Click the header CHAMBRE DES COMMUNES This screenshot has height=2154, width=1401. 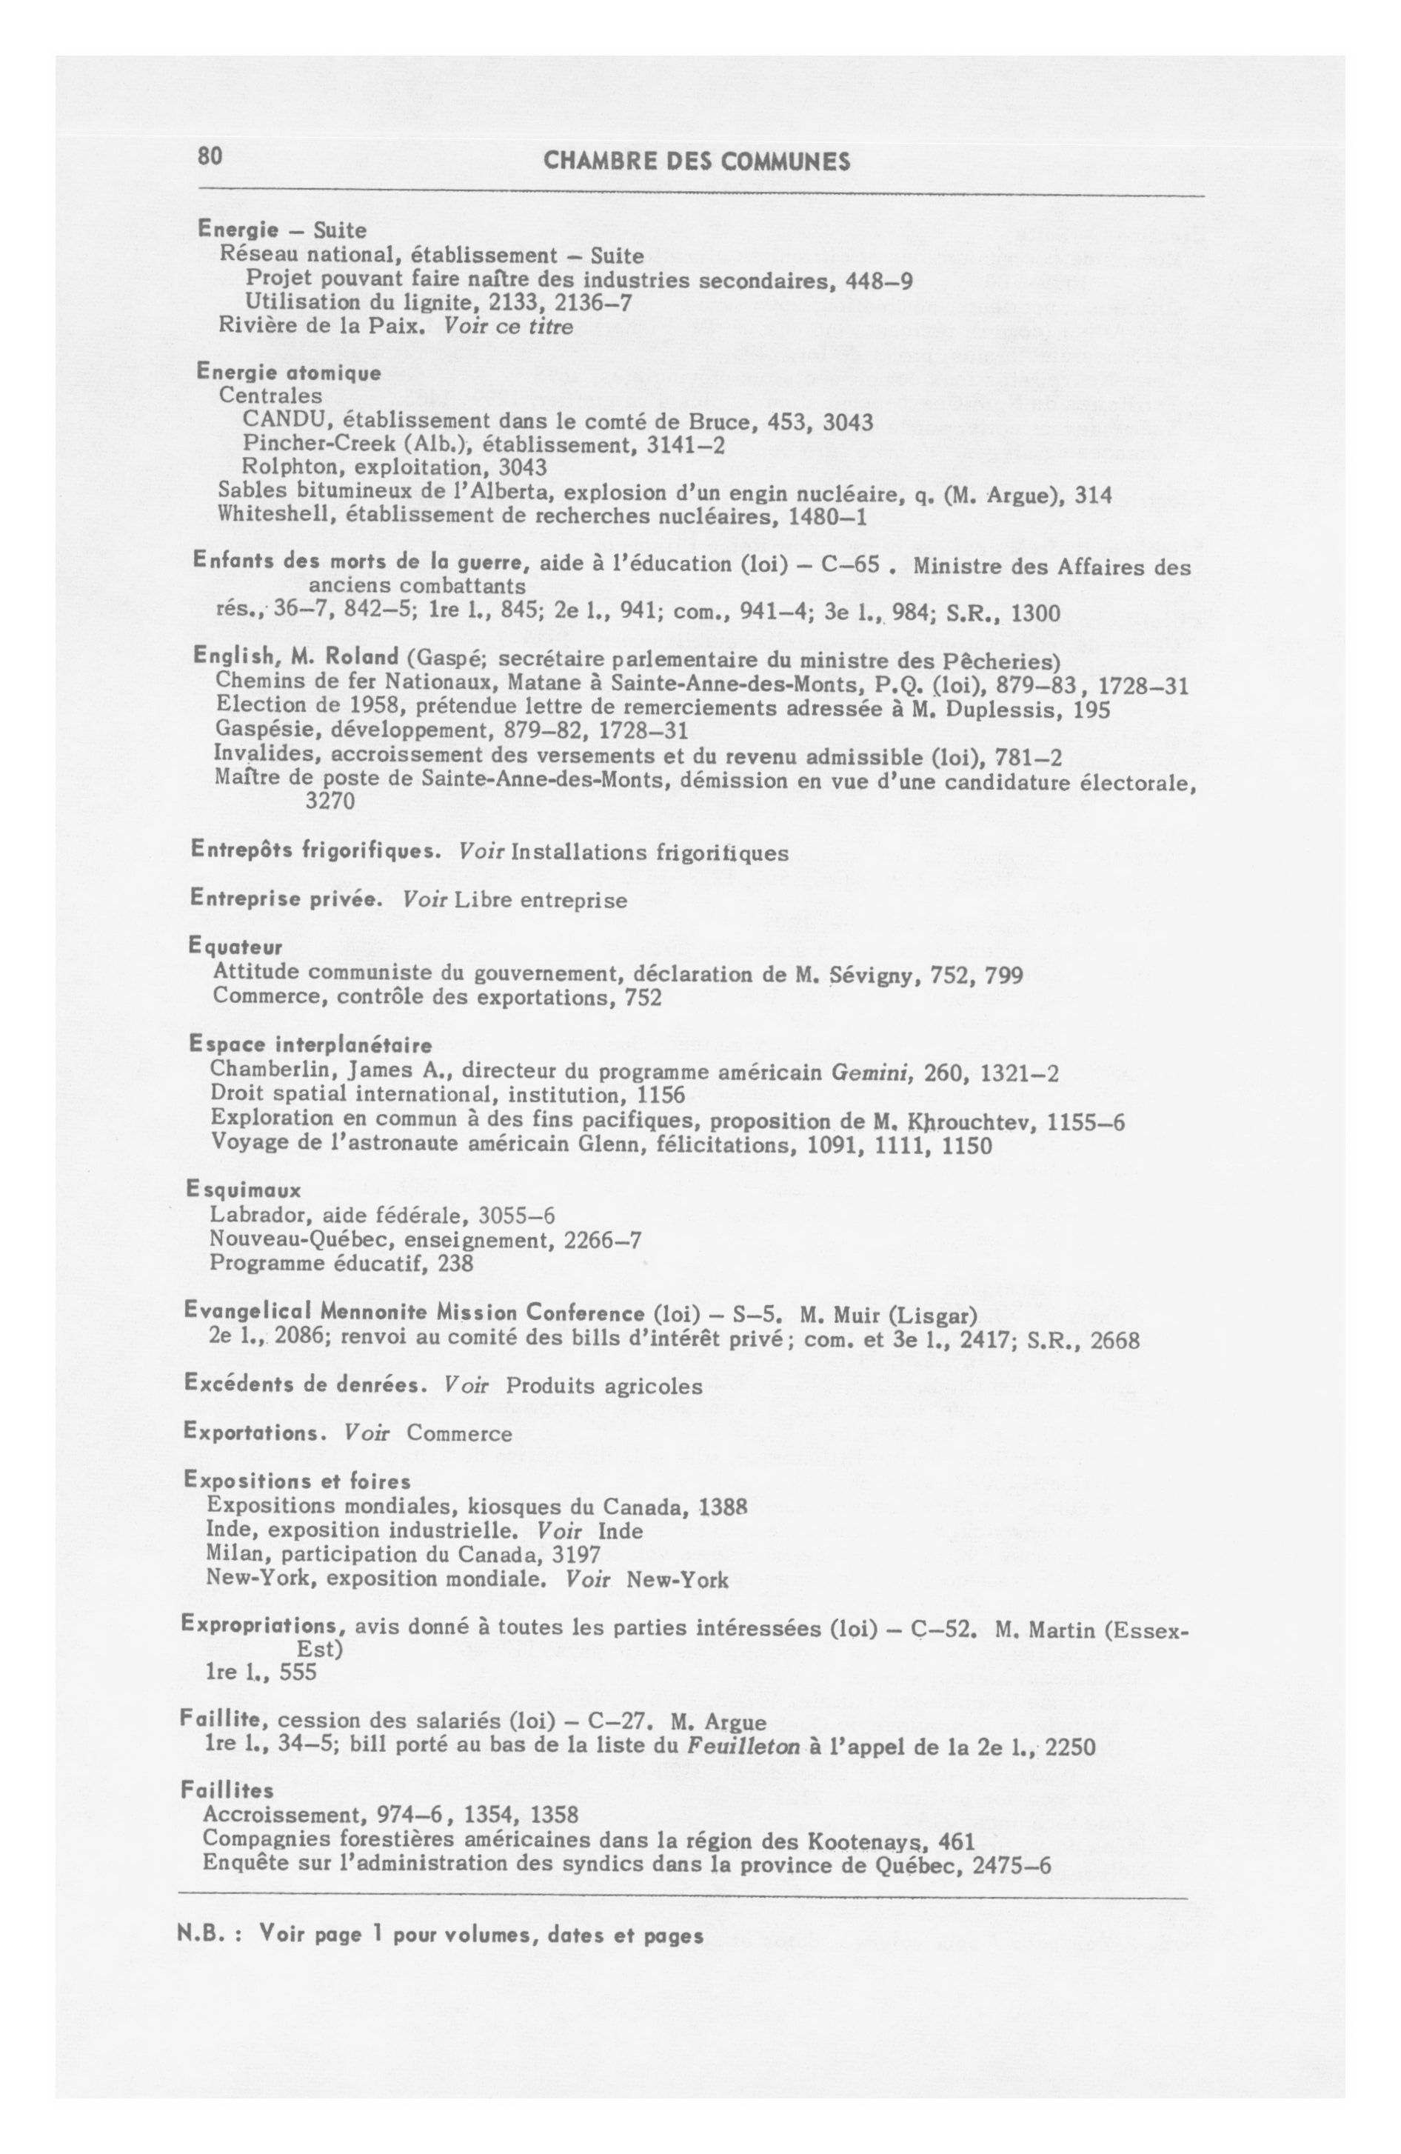click(x=697, y=162)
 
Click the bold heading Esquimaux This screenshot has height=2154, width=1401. click(x=244, y=1190)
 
